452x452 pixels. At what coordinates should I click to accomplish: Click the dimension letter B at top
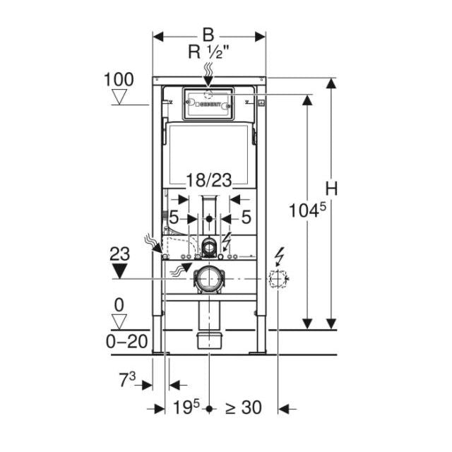[208, 35]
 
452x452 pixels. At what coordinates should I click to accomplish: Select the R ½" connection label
[208, 52]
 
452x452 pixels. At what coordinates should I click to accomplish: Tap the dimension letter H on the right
[332, 189]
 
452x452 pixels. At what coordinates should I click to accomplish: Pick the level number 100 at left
[119, 78]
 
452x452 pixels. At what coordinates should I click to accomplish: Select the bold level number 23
[119, 251]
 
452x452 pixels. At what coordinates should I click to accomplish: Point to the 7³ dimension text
[127, 381]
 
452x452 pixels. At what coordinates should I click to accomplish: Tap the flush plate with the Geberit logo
[208, 103]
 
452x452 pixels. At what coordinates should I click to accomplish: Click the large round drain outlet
[209, 280]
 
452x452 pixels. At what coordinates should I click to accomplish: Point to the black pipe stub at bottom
[210, 340]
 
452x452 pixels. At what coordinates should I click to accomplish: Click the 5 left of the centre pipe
[173, 218]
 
